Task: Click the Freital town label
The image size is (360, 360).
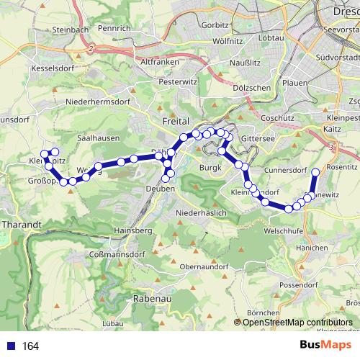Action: (x=176, y=122)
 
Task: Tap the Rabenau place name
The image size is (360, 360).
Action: (x=150, y=297)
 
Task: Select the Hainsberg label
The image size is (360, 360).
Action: (x=132, y=230)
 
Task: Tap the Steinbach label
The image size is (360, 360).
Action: (x=70, y=30)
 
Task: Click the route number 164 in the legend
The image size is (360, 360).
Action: (x=30, y=346)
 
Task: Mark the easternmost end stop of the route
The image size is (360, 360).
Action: (x=315, y=172)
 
